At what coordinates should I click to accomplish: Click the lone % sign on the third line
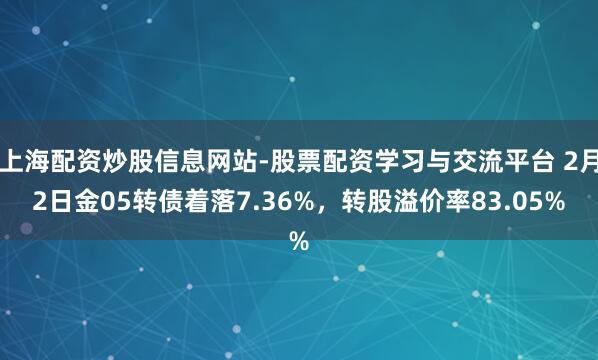point(298,240)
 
